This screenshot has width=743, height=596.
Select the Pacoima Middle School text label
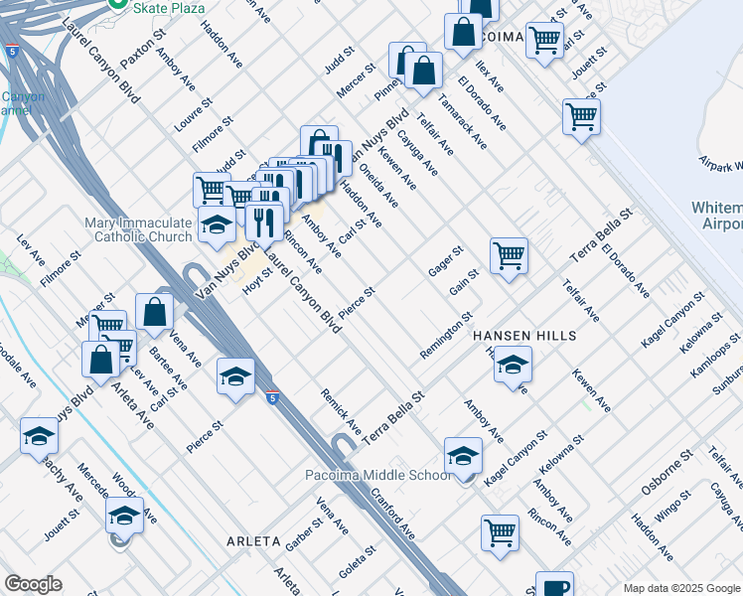(377, 476)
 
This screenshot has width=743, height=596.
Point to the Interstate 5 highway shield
(273, 398)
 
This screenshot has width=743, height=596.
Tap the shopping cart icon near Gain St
(509, 255)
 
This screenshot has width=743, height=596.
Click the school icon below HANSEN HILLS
(513, 365)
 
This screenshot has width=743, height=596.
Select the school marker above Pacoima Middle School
(463, 455)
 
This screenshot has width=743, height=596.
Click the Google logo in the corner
(33, 584)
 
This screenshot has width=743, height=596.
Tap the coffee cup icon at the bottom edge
(554, 586)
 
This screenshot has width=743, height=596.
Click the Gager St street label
(446, 261)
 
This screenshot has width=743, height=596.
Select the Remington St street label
(446, 337)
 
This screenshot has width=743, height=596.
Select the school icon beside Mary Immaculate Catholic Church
(215, 225)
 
